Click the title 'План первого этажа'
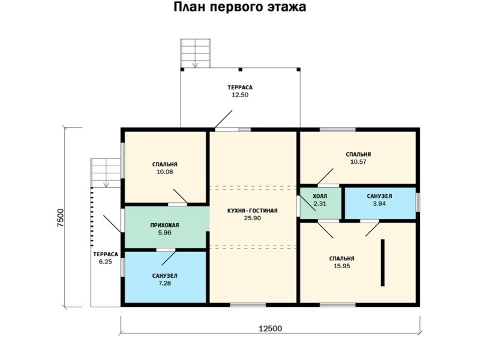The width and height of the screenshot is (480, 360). point(239,7)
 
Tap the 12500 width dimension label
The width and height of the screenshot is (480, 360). point(271,329)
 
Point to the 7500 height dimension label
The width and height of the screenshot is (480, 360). point(61,217)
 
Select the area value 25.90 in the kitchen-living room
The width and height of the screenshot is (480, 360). point(253,218)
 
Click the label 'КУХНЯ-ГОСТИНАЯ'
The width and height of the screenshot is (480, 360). point(253,211)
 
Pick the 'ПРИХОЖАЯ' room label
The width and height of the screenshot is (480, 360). point(164,226)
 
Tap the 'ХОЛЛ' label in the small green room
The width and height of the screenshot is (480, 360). point(320,196)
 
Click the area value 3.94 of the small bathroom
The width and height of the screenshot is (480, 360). point(379,203)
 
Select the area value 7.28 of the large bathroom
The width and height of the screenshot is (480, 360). point(164,283)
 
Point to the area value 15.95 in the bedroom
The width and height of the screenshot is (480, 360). point(341,266)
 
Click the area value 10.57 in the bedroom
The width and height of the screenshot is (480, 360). point(358,162)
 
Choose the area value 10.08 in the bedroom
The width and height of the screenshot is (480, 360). point(164,172)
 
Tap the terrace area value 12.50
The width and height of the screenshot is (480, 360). point(240,95)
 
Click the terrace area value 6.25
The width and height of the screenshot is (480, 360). point(106,262)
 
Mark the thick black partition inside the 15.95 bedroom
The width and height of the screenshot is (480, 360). point(382,263)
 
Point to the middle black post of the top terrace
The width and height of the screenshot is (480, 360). point(241,70)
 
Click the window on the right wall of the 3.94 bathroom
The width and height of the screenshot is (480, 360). point(418,202)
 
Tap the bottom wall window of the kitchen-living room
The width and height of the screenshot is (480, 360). point(248,305)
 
